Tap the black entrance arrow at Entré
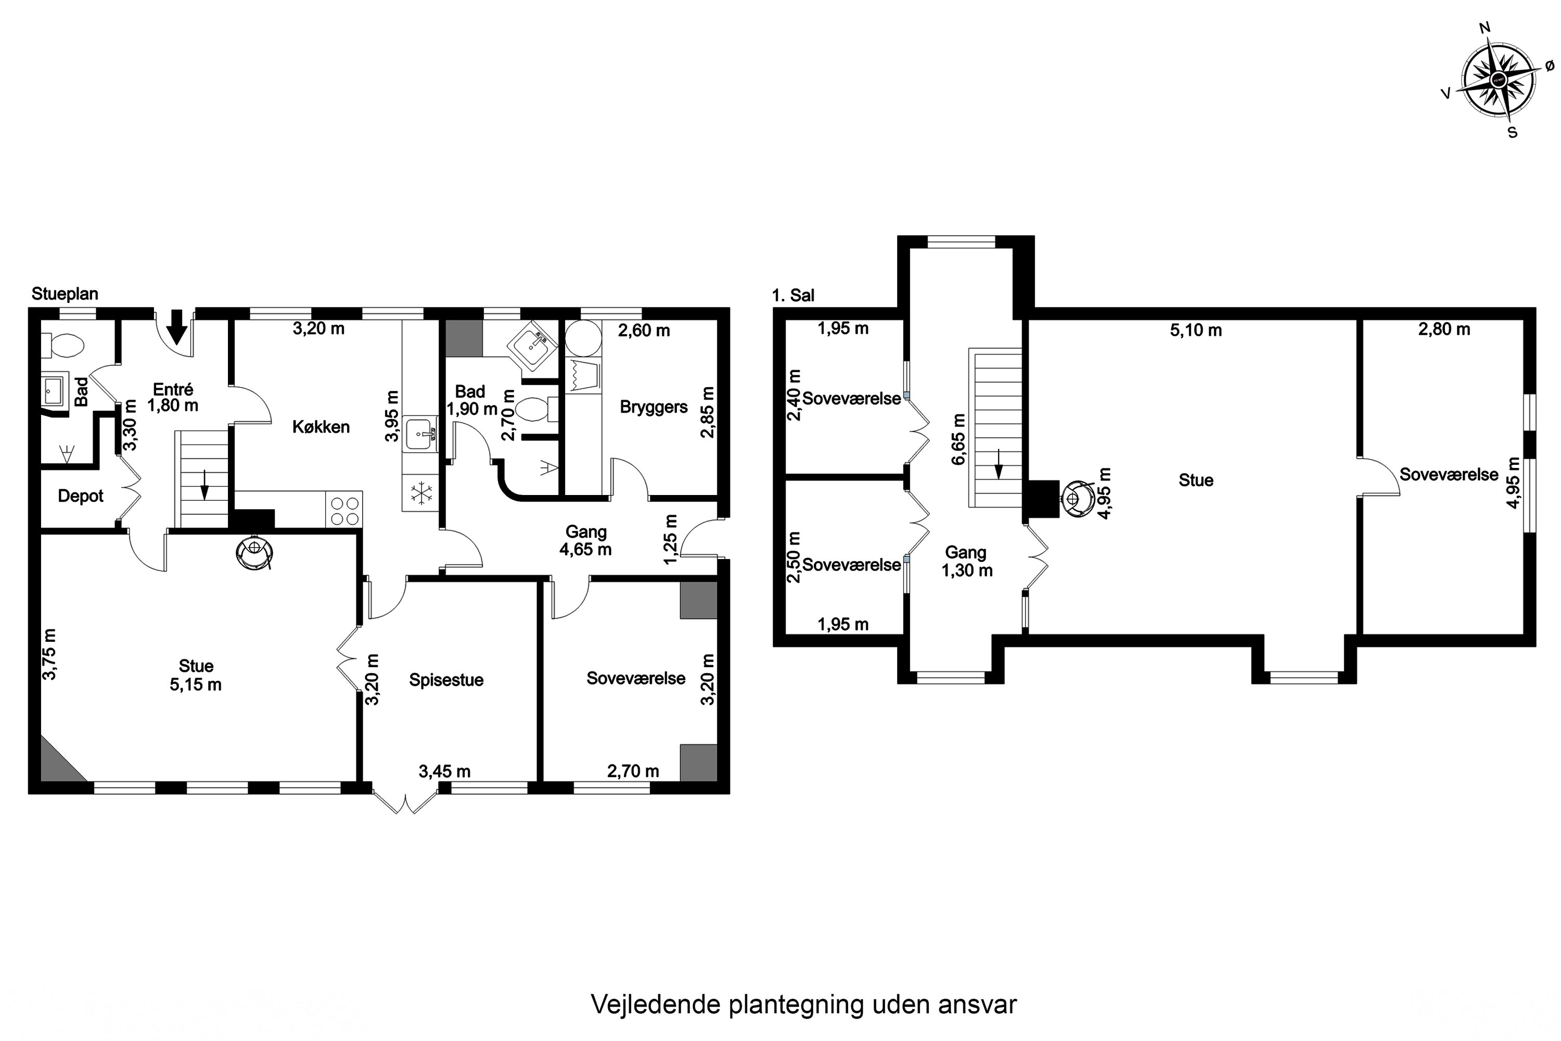176,327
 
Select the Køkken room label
321,427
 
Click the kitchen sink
420,434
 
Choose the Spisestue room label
446,680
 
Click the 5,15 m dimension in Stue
196,684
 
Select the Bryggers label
654,407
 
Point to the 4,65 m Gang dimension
585,549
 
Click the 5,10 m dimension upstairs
1196,330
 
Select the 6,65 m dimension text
958,439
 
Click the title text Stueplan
65,294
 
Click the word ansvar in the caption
977,1005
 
